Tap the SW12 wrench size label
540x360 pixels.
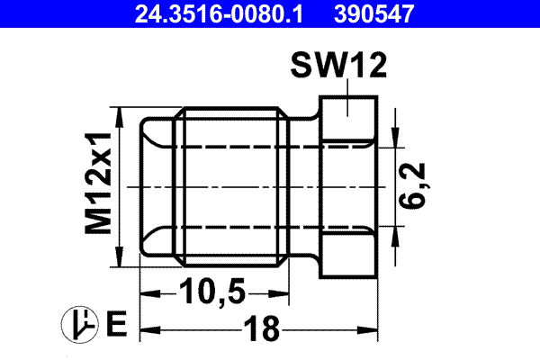pyautogui.click(x=338, y=67)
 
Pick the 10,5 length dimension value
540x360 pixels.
pyautogui.click(x=211, y=293)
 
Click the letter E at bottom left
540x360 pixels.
pyautogui.click(x=114, y=323)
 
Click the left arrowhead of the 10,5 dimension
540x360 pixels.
pyautogui.click(x=146, y=293)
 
